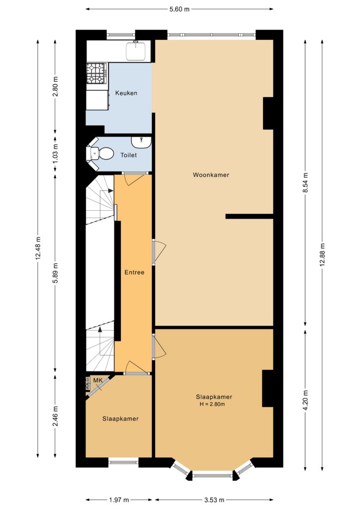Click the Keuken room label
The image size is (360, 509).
pyautogui.click(x=126, y=93)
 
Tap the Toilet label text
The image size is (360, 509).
pyautogui.click(x=129, y=155)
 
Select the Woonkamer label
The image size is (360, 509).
pyautogui.click(x=211, y=175)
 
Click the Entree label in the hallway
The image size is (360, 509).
pyautogui.click(x=134, y=272)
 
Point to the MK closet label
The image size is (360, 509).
pyautogui.click(x=98, y=380)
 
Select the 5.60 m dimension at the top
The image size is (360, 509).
pyautogui.click(x=179, y=9)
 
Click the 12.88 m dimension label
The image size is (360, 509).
pyautogui.click(x=322, y=254)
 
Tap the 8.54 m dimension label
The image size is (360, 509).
pyautogui.click(x=305, y=183)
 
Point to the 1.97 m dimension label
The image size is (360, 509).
pyautogui.click(x=119, y=500)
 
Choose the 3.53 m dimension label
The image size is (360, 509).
pyautogui.click(x=214, y=500)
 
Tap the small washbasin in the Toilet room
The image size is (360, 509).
pyautogui.click(x=141, y=142)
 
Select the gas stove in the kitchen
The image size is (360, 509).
pyautogui.click(x=97, y=74)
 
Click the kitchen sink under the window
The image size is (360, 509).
pyautogui.click(x=137, y=51)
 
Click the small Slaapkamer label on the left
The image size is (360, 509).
pyautogui.click(x=120, y=419)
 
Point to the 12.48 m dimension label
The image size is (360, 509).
pyautogui.click(x=38, y=249)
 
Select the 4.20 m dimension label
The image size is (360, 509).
pyautogui.click(x=305, y=400)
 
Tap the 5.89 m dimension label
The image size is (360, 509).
pyautogui.click(x=56, y=273)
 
